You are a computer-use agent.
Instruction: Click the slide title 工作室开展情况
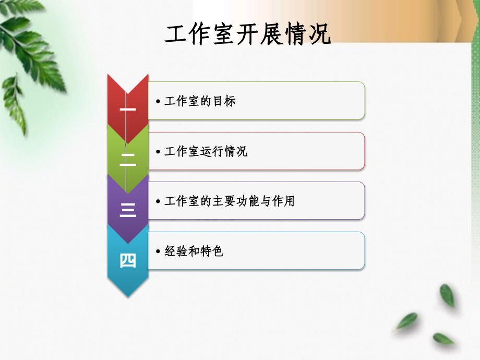pyautogui.click(x=248, y=35)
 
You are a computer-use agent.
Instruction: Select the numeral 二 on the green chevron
pyautogui.click(x=128, y=160)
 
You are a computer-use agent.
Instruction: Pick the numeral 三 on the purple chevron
pyautogui.click(x=128, y=210)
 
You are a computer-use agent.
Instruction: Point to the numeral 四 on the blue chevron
pyautogui.click(x=128, y=260)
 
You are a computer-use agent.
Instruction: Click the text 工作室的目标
pyautogui.click(x=200, y=101)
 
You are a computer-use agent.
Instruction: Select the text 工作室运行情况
pyautogui.click(x=206, y=151)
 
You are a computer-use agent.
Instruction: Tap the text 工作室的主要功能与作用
pyautogui.click(x=229, y=201)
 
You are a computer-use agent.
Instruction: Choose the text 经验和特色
pyautogui.click(x=194, y=251)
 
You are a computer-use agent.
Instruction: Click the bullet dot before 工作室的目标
pyautogui.click(x=158, y=101)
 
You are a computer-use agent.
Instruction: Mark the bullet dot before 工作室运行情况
pyautogui.click(x=158, y=151)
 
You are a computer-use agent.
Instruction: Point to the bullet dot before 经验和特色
pyautogui.click(x=158, y=251)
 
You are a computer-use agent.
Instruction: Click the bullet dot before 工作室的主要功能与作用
pyautogui.click(x=158, y=201)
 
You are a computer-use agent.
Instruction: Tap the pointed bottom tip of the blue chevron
pyautogui.click(x=128, y=296)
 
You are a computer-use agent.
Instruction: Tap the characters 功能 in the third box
pyautogui.click(x=247, y=201)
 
